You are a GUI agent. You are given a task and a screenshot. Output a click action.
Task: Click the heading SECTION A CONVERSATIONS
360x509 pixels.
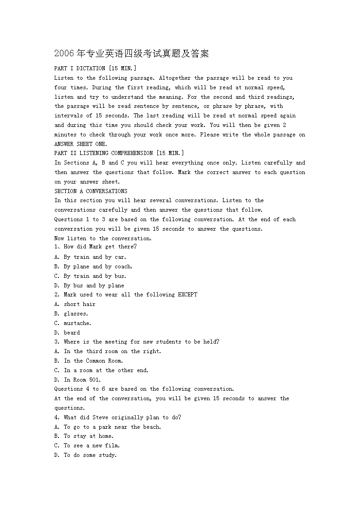tap(91, 191)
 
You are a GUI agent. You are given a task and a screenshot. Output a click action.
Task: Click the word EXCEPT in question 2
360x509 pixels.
tap(187, 295)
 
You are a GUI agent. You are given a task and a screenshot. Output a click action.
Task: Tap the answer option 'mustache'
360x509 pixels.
tap(78, 323)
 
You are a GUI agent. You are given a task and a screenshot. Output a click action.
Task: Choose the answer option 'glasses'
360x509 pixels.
tap(76, 314)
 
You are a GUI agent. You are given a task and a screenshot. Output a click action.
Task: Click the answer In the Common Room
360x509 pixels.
tap(93, 361)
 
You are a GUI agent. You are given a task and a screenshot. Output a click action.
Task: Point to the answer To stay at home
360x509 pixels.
tap(88, 436)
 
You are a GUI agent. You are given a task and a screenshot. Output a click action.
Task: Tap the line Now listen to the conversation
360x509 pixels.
tap(103, 238)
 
